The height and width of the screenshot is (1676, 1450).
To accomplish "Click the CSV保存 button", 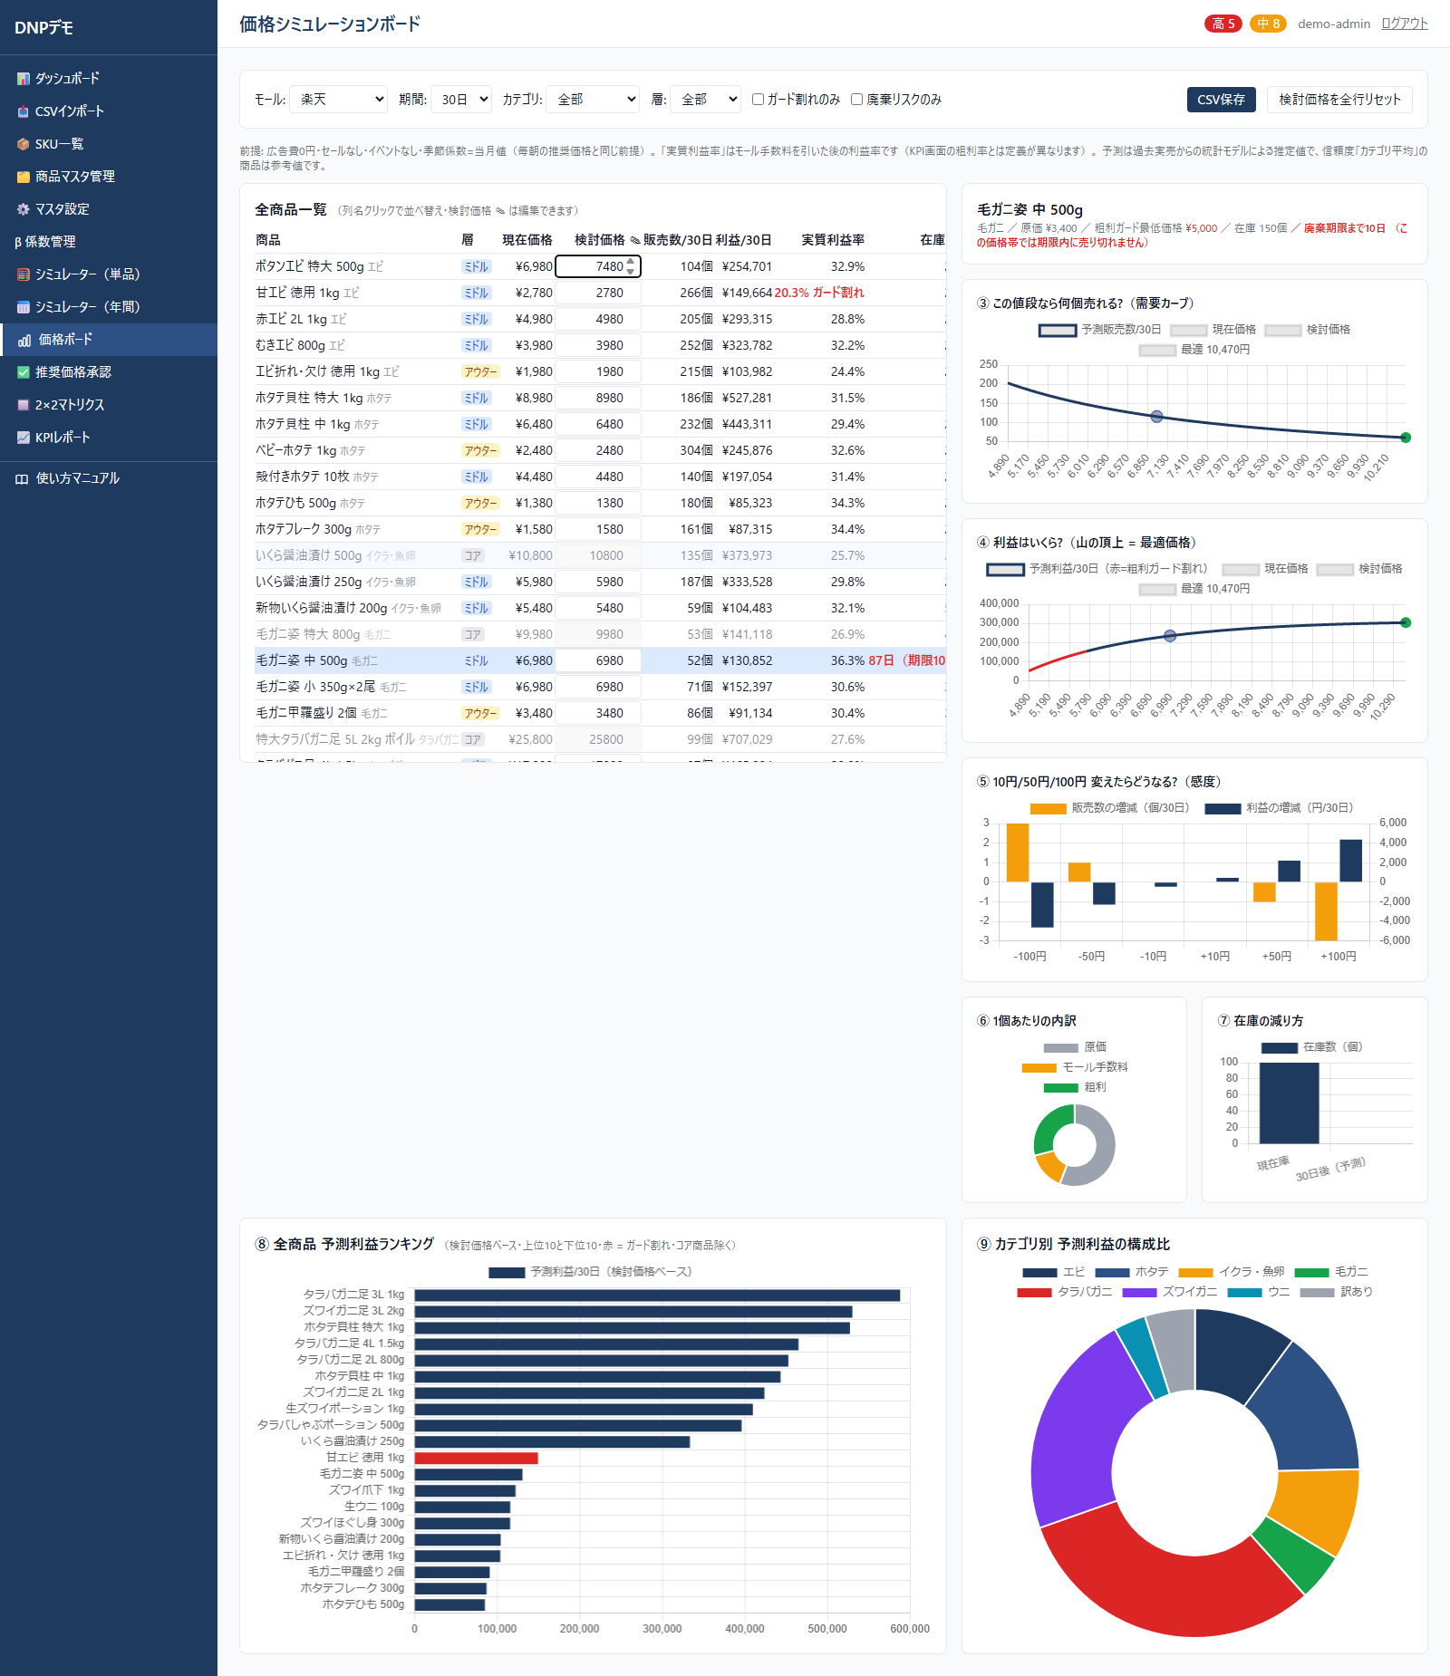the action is [x=1221, y=100].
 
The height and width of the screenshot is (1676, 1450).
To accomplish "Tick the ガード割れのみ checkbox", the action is [x=758, y=100].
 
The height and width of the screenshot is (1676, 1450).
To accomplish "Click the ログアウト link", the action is [x=1404, y=24].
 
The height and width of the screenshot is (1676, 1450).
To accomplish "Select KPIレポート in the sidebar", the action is [x=63, y=438].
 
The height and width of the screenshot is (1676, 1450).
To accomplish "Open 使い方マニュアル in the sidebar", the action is [x=77, y=478].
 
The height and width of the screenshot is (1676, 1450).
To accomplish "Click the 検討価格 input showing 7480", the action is [x=598, y=266].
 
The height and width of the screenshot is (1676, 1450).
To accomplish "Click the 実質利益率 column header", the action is [x=832, y=240].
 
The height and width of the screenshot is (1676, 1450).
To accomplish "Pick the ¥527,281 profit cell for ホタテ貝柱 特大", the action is [x=747, y=398].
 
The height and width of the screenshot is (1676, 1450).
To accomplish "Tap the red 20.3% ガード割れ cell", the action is [x=818, y=293].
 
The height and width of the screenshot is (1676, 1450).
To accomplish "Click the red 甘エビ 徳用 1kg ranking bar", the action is [x=476, y=1458].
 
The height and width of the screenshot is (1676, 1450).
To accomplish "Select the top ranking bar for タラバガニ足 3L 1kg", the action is [x=657, y=1296].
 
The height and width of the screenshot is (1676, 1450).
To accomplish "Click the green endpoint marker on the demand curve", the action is [x=1406, y=438].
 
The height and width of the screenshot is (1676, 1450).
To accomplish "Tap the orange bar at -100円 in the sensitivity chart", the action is [x=1018, y=852].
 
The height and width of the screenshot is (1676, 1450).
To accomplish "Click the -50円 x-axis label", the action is [x=1091, y=957].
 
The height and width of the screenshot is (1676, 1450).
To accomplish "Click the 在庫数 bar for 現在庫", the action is [x=1289, y=1103].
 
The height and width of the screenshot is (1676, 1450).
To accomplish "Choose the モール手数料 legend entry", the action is [x=1075, y=1067].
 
